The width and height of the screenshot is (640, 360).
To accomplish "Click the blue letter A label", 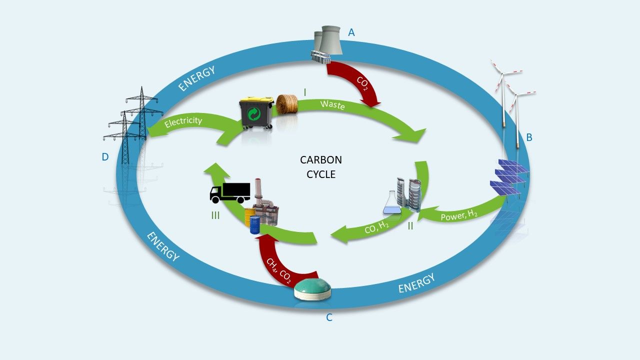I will coord(351,33).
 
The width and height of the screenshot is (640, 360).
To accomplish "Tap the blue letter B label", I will coord(529,137).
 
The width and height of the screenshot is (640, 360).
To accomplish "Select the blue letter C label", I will coord(329,317).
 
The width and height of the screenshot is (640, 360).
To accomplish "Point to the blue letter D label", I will coord(105,157).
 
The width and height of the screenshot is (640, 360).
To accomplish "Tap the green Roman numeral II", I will coord(410,226).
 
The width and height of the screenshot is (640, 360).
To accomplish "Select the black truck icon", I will coord(229,192).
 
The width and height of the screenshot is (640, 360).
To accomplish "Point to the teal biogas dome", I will coord(312,289).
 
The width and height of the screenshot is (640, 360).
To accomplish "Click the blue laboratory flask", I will coord(391,201).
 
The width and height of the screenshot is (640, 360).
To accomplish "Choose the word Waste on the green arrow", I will coord(332,105).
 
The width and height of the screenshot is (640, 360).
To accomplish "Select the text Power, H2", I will coord(459,215).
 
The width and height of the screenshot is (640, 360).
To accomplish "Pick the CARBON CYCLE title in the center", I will coord(320,167).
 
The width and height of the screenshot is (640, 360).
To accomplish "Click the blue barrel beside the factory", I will coord(255,224).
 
